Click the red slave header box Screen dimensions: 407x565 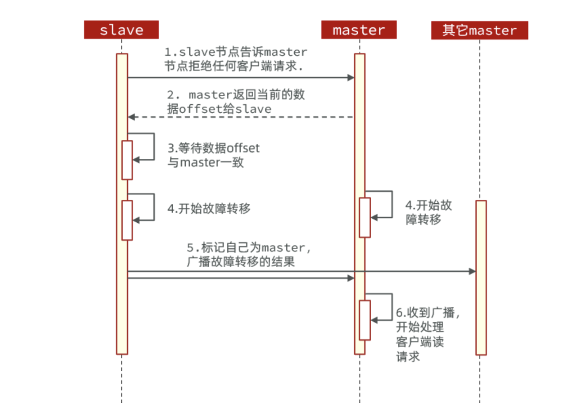(121, 30)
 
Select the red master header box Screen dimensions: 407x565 (359, 30)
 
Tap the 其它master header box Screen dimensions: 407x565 (479, 30)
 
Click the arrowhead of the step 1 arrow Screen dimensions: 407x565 (351, 77)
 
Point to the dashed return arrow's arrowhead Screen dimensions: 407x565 (132, 117)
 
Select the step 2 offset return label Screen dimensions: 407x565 (237, 102)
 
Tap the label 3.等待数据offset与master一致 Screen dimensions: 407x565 (214, 155)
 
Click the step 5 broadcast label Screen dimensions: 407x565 (246, 255)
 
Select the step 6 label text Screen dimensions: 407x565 (427, 334)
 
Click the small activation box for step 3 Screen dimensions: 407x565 (127, 160)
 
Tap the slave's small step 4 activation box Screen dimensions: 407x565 (127, 220)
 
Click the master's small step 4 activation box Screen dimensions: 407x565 (365, 217)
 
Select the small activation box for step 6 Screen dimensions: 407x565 (365, 320)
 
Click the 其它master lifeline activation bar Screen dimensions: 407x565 (481, 277)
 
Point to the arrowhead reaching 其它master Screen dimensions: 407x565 (472, 272)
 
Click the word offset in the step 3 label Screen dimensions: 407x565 (244, 148)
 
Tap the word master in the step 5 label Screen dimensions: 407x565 (283, 248)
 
